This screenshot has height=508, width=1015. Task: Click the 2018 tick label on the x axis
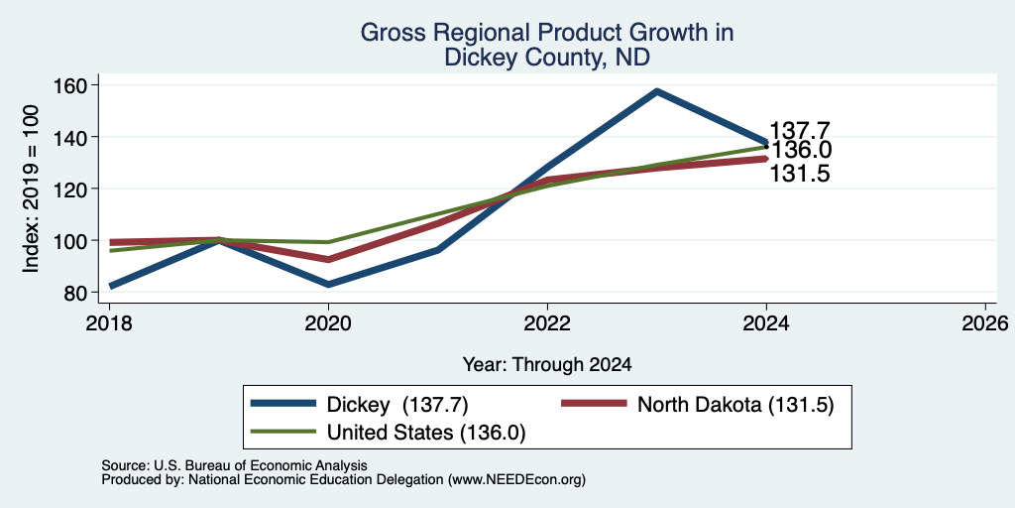tap(109, 322)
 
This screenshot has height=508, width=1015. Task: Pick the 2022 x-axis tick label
tap(547, 322)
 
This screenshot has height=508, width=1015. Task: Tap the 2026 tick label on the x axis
tap(986, 322)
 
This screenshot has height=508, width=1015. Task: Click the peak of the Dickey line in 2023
tap(657, 91)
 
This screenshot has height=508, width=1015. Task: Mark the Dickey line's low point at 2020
tap(329, 285)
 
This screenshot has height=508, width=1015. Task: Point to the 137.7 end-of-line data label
tap(800, 130)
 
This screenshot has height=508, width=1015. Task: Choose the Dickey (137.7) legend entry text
tap(397, 405)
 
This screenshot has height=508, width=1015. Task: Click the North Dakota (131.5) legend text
tap(735, 405)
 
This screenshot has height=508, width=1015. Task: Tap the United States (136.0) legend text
tap(426, 433)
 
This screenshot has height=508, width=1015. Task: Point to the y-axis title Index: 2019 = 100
tap(32, 189)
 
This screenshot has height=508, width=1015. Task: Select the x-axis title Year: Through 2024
tap(547, 365)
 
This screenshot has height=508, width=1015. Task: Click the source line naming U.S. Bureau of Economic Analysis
tap(234, 466)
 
